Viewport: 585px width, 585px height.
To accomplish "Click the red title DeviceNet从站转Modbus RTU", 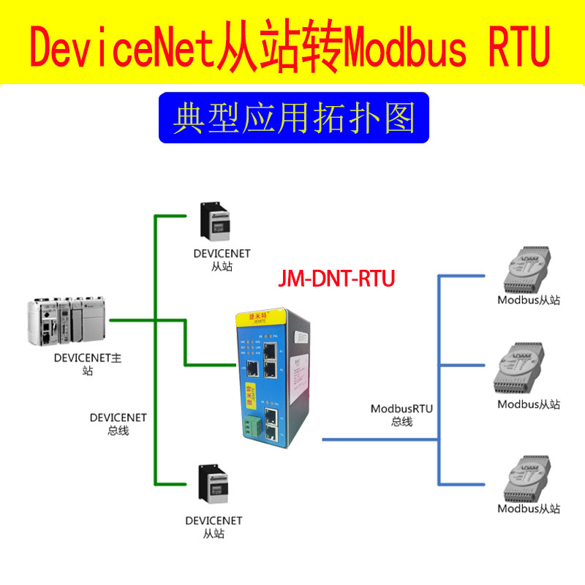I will click(x=292, y=48).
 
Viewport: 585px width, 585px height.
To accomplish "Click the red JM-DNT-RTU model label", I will click(x=337, y=279).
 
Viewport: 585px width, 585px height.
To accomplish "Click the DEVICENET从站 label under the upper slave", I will click(x=222, y=260).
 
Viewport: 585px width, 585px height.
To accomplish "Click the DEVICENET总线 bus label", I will click(x=118, y=424).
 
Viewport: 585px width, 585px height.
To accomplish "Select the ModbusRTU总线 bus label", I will click(x=401, y=415).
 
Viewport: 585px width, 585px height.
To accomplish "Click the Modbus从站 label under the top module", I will click(x=529, y=300).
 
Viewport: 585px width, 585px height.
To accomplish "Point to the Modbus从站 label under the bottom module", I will click(x=529, y=509).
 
